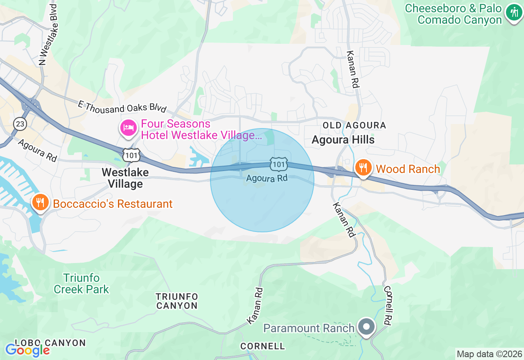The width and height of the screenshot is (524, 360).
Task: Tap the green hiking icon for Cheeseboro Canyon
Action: (513, 12)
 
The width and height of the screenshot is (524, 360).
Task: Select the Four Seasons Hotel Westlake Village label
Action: (201, 129)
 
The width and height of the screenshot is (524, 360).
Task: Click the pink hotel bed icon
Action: (129, 128)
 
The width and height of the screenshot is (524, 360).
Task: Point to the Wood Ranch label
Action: (408, 169)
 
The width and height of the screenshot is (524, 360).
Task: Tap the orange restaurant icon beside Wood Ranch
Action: (363, 168)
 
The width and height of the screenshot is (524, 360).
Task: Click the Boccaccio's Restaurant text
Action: (113, 204)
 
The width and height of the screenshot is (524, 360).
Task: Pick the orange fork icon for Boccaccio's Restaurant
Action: (40, 202)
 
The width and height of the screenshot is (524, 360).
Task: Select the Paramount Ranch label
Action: (309, 328)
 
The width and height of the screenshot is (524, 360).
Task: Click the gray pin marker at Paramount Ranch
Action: (367, 327)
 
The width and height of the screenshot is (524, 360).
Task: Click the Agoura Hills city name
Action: (343, 140)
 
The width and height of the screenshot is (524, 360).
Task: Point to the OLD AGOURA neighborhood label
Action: (354, 125)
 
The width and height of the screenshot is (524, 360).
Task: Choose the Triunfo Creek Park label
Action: (81, 283)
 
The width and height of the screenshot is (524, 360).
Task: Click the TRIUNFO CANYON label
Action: (177, 301)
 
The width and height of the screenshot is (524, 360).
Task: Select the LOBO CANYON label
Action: (50, 343)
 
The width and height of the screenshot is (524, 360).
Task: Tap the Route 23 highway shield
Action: (20, 124)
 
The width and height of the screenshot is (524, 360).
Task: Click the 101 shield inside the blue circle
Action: (279, 164)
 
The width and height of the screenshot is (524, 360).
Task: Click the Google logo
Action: (27, 350)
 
